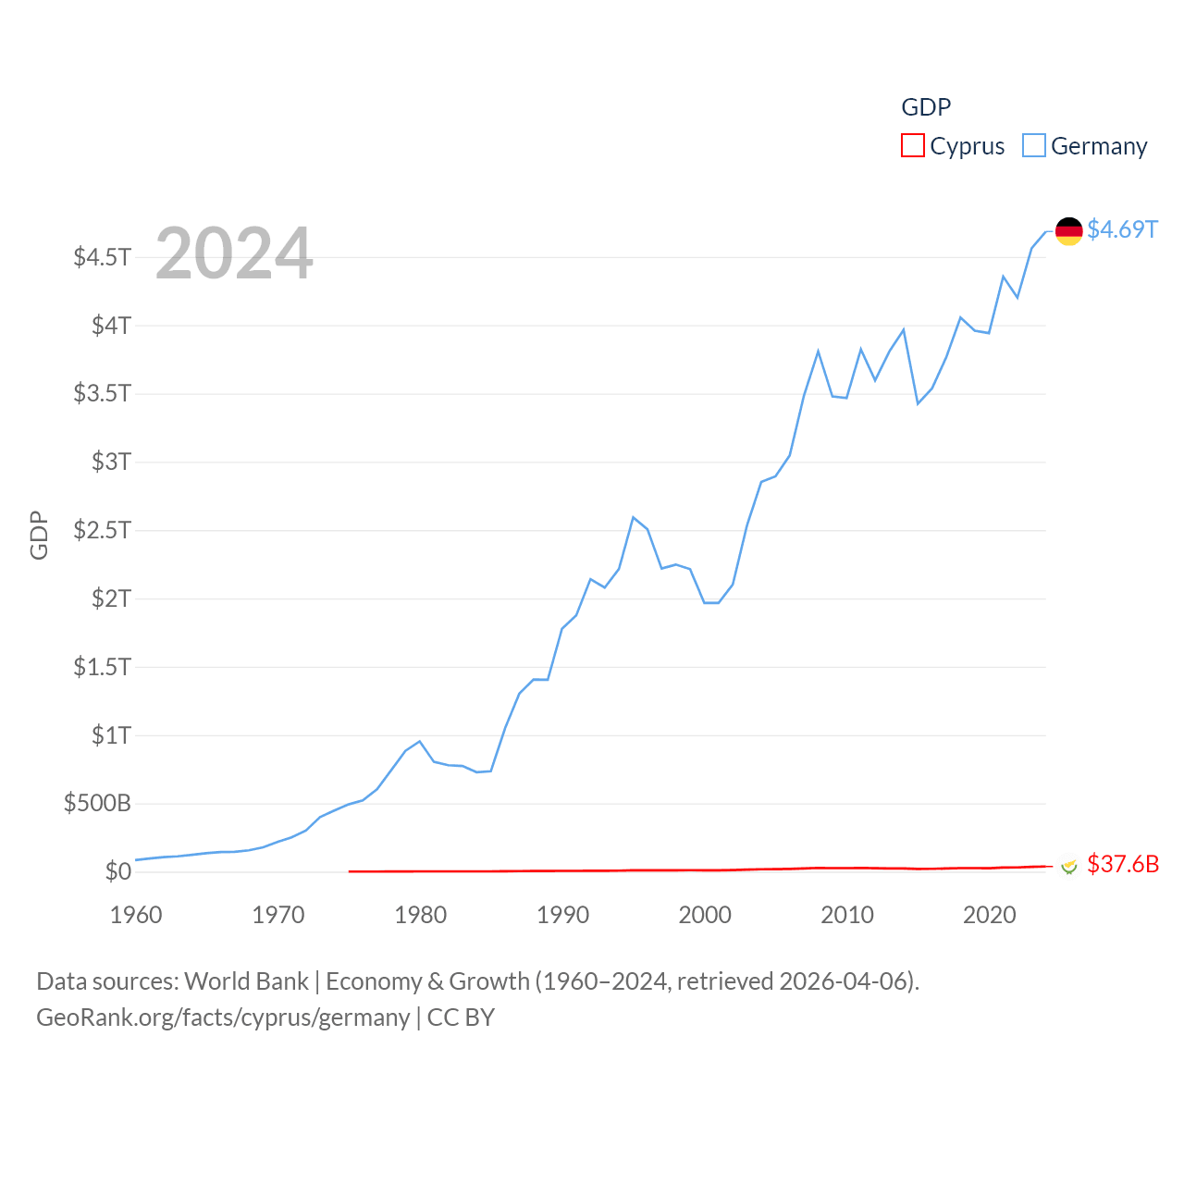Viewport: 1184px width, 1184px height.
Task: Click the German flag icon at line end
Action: [x=1068, y=230]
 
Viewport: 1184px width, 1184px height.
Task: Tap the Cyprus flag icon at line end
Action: [x=1068, y=866]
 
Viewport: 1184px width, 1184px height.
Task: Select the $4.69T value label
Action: [x=1122, y=229]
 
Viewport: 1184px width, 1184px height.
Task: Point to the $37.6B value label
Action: [x=1122, y=864]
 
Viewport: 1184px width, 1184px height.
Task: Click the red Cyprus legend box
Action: [x=912, y=146]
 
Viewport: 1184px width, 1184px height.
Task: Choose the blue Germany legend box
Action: [x=1033, y=146]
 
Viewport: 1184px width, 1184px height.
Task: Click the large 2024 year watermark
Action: [x=234, y=253]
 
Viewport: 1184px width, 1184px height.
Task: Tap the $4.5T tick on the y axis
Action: [x=102, y=256]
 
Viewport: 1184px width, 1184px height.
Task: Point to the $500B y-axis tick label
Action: [x=97, y=803]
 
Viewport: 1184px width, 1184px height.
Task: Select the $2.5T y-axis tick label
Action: [x=102, y=530]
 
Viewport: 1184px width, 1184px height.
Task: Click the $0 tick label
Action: [x=117, y=871]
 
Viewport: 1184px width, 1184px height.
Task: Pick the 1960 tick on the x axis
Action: [x=136, y=915]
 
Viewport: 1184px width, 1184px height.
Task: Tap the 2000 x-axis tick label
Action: [x=705, y=915]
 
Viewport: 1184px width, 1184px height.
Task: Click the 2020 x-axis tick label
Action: [x=989, y=915]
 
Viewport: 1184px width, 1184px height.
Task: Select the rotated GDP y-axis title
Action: [x=39, y=535]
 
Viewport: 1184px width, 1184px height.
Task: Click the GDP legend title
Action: [x=926, y=107]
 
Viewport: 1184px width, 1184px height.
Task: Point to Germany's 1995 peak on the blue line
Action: [x=633, y=517]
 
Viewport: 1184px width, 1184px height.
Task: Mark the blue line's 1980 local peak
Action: [x=420, y=741]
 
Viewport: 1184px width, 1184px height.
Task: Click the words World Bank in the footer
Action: [x=246, y=981]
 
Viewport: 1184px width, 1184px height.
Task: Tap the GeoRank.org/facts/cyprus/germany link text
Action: [x=223, y=1017]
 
